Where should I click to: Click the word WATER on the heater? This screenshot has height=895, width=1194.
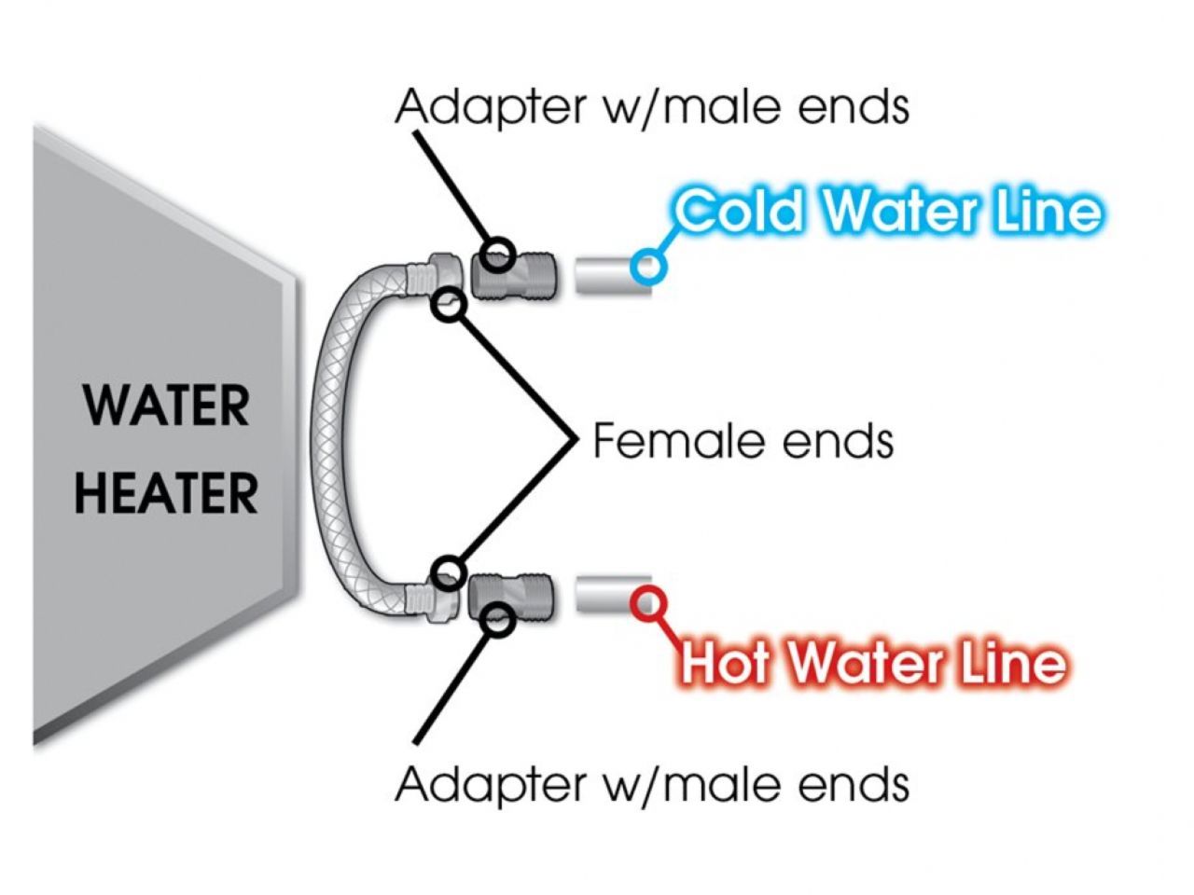[166, 406]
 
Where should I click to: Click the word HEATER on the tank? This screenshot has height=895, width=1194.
[166, 493]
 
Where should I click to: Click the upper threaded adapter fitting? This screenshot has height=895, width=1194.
[513, 274]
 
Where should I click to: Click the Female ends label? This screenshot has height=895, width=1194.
[743, 440]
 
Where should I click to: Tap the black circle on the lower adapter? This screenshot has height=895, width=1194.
[499, 620]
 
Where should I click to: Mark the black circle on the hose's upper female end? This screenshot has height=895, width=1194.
[450, 306]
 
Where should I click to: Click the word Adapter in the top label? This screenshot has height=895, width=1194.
[493, 108]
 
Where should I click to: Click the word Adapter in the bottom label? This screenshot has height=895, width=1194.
[493, 784]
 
